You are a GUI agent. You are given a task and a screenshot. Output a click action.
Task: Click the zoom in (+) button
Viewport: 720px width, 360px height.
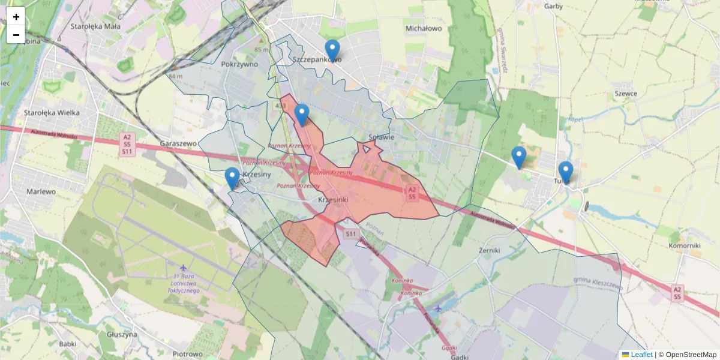16,16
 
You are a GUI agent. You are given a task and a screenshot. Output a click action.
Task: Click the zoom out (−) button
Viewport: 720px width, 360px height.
16,35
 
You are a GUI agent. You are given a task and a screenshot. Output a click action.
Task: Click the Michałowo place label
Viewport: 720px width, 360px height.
424,28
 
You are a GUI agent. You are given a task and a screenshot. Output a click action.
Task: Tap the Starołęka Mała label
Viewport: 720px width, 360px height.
95,26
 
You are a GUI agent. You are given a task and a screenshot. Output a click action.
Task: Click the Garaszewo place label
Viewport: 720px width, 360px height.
179,144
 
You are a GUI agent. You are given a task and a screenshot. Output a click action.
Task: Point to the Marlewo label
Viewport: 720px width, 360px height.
41,191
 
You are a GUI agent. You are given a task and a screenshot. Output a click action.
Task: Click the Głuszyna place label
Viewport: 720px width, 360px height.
121,334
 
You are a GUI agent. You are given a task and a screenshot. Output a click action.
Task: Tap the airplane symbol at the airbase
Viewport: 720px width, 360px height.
182,268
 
